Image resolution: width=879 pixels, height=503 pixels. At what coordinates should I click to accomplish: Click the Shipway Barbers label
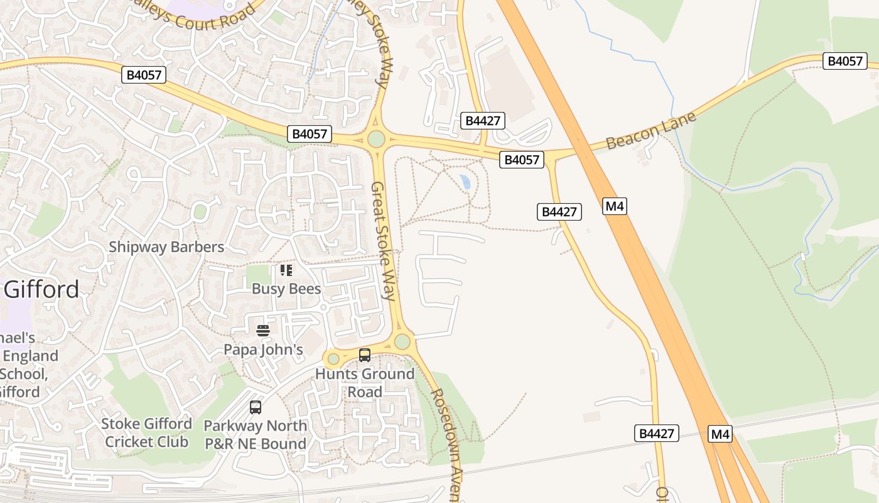[x=166, y=247]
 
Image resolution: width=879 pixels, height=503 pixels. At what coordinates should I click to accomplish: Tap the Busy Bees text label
[x=286, y=289]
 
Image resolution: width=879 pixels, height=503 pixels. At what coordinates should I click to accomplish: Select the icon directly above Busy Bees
[x=286, y=270]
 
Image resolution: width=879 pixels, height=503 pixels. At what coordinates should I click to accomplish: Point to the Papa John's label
[x=264, y=350]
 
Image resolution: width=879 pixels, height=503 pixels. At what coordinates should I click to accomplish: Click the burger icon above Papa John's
[x=263, y=330]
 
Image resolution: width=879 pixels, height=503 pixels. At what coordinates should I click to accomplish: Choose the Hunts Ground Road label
[x=365, y=383]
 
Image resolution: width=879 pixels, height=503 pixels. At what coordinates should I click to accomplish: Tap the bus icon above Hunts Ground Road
[x=365, y=355]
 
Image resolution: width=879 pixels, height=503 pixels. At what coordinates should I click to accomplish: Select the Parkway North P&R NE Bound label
[x=256, y=434]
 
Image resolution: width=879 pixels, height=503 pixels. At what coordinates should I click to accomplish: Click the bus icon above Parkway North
[x=256, y=407]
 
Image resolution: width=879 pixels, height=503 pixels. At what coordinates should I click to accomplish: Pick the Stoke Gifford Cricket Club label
[x=146, y=433]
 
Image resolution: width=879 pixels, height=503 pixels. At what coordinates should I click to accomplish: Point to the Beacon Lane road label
[x=651, y=131]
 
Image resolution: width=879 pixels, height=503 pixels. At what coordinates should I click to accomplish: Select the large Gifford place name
[x=41, y=289]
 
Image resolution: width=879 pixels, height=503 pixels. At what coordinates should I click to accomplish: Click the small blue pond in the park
[x=465, y=182]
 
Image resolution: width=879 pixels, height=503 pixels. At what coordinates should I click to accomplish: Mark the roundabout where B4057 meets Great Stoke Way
[x=376, y=138]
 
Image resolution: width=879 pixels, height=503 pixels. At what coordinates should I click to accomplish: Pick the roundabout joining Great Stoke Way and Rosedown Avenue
[x=402, y=341]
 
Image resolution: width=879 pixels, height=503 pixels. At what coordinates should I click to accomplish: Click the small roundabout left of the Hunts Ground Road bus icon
[x=333, y=359]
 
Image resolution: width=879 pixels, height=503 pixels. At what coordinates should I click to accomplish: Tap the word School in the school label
[x=24, y=374]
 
